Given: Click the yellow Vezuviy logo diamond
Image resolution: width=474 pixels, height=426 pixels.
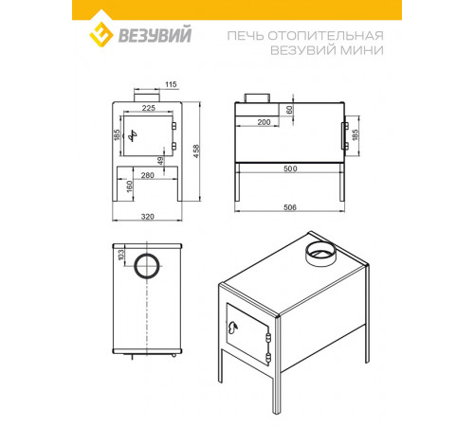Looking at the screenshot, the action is click(x=101, y=34).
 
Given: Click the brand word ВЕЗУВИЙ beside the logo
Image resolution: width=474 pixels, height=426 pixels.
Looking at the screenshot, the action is click(x=155, y=34).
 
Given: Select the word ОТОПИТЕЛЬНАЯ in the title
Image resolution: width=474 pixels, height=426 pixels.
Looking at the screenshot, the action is click(x=326, y=36).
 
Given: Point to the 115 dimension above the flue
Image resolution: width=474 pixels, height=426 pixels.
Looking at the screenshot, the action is click(x=171, y=84).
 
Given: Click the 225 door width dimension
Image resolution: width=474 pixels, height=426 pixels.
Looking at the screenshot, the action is click(x=149, y=108).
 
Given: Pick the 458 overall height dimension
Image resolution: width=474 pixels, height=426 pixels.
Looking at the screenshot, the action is click(x=196, y=151).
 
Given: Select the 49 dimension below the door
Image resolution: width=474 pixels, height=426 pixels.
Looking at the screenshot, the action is click(x=160, y=161).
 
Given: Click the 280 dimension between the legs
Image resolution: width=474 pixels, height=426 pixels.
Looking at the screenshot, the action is click(x=148, y=175).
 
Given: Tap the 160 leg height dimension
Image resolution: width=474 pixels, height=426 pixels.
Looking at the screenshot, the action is click(x=129, y=186).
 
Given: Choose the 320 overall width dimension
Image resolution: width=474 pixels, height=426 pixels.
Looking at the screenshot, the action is click(x=148, y=217).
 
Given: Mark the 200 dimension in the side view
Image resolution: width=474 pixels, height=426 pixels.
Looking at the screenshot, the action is click(x=264, y=122).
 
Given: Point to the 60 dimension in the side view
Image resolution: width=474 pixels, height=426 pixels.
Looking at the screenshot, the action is click(x=289, y=110).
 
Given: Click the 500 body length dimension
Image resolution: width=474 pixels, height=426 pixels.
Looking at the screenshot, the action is click(x=290, y=169).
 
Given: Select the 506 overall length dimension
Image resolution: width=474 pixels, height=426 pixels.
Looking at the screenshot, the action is click(x=290, y=207).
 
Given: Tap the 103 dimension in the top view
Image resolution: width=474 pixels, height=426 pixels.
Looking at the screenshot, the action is click(x=121, y=255).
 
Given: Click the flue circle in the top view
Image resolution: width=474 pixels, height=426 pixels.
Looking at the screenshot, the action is click(x=147, y=254).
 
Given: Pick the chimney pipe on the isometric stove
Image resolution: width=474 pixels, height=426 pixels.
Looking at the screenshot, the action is click(x=320, y=253).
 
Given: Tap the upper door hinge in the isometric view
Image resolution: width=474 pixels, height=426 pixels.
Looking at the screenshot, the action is click(x=269, y=337).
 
